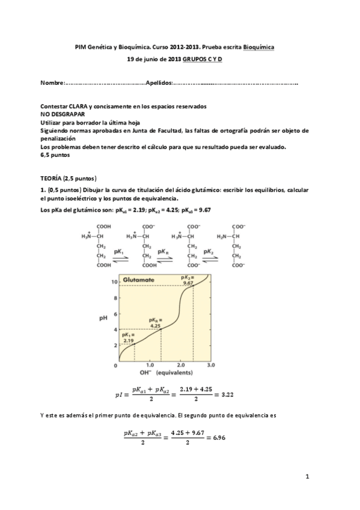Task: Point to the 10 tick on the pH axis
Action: [x=112, y=281]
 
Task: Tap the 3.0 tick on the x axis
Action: [x=211, y=365]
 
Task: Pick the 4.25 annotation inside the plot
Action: [x=156, y=322]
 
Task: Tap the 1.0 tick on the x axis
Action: [x=149, y=365]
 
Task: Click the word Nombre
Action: [x=52, y=82]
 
